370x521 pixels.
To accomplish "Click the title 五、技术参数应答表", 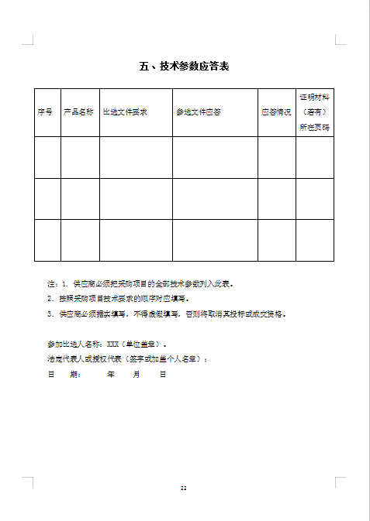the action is click(184, 67).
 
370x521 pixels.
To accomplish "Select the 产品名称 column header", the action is click(79, 112).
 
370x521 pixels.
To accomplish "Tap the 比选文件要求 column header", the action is click(125, 112).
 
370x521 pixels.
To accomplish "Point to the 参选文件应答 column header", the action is click(199, 112).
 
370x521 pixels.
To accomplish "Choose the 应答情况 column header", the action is click(276, 112).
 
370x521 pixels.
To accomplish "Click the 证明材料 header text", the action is click(314, 98).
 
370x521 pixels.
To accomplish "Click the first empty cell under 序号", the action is click(47, 157).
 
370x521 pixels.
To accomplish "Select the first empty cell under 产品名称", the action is click(80, 157).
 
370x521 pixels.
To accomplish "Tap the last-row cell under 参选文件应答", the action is click(215, 240).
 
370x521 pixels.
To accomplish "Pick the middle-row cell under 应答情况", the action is click(276, 198).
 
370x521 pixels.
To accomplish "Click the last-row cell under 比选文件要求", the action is click(136, 240).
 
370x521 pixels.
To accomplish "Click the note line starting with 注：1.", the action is click(140, 283).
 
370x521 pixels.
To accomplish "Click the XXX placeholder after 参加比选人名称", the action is click(113, 344).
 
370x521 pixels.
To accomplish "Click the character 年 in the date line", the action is click(111, 374).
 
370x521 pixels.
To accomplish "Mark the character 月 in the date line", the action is click(137, 374).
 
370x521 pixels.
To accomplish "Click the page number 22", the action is click(184, 488).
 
